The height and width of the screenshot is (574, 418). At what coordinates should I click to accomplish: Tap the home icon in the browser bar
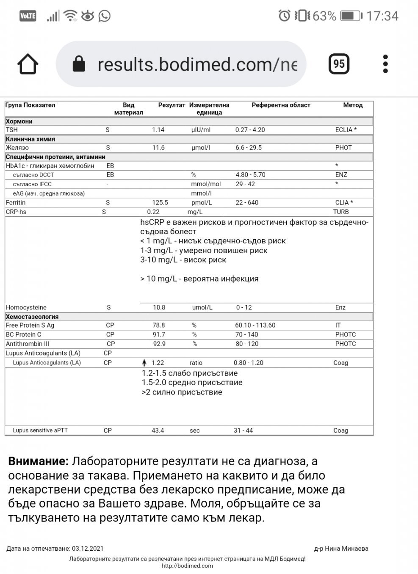(x=28, y=64)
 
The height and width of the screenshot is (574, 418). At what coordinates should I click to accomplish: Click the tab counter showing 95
(x=339, y=64)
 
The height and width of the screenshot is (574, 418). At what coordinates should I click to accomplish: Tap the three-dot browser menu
(x=385, y=64)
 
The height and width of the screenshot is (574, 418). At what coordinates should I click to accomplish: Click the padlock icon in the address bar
(x=79, y=64)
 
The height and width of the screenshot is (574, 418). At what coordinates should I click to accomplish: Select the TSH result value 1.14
(x=158, y=130)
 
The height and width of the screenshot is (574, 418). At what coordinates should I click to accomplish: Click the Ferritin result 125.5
(x=160, y=203)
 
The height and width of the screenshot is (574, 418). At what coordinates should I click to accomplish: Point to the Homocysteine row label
(x=26, y=308)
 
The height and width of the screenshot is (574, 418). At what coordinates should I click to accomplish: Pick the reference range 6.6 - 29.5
(x=249, y=148)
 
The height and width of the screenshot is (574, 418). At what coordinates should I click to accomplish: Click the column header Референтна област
(x=281, y=105)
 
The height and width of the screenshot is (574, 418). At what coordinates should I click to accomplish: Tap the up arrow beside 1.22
(x=144, y=363)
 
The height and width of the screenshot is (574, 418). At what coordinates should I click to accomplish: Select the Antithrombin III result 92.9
(x=159, y=344)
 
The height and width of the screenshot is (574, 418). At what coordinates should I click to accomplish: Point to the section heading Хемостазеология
(x=32, y=317)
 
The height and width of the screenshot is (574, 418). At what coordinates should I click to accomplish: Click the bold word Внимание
(x=38, y=461)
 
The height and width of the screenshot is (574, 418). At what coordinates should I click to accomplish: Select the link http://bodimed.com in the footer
(x=187, y=566)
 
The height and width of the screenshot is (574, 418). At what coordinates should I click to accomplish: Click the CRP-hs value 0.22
(x=153, y=212)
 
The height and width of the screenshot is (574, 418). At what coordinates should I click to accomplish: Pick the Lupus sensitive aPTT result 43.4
(x=158, y=430)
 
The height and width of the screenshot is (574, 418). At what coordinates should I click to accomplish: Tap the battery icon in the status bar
(x=351, y=16)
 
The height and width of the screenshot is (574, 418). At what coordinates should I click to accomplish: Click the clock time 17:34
(x=382, y=16)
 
